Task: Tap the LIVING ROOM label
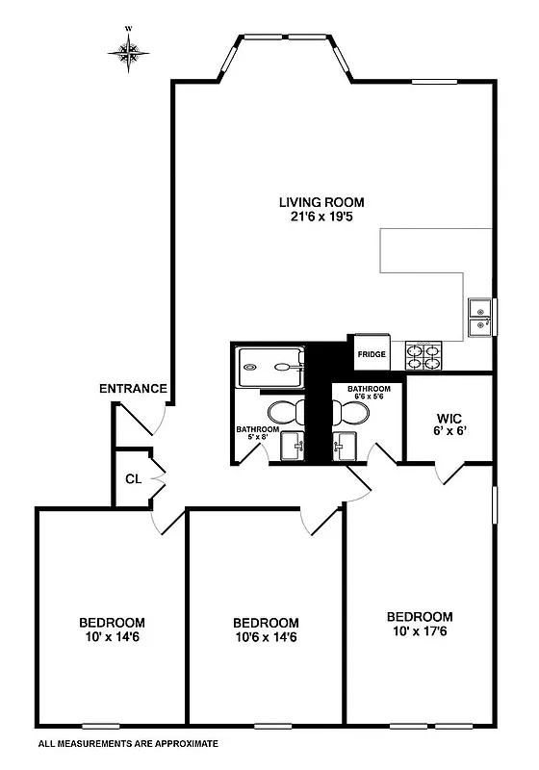(321, 202)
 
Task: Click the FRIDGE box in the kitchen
(372, 353)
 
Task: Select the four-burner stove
(425, 355)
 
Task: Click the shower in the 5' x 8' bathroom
(269, 366)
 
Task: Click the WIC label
(449, 419)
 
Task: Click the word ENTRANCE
(134, 389)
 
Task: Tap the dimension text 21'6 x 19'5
(321, 218)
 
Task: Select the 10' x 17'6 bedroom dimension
(419, 631)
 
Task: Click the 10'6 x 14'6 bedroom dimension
(265, 637)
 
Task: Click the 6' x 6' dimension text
(449, 432)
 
